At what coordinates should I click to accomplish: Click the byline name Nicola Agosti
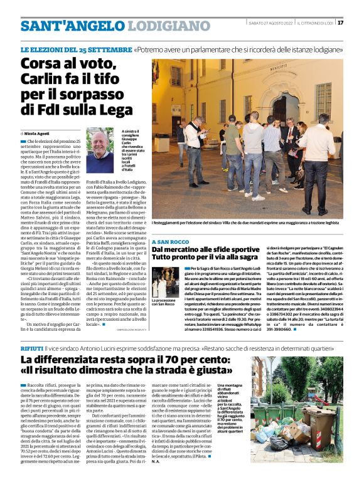[x=38, y=133]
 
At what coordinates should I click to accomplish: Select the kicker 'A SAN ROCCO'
[x=170, y=241]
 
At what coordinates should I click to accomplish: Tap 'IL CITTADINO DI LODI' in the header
[x=314, y=23]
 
